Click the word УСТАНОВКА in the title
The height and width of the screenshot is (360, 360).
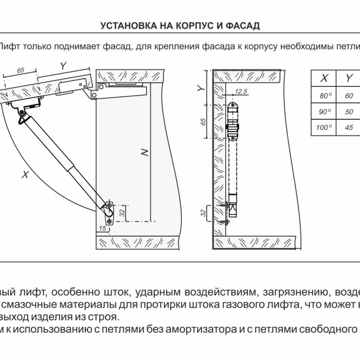(124, 26)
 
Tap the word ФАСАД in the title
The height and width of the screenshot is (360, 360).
(242, 26)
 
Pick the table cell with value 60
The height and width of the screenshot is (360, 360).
(349, 96)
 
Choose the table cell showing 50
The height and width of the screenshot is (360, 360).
(349, 112)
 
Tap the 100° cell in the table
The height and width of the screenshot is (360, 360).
(324, 128)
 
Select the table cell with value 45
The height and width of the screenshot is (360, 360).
(349, 128)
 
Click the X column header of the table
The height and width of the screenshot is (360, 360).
(325, 79)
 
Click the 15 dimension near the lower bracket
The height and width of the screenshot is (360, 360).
(102, 228)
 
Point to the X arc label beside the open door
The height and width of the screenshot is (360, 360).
(24, 175)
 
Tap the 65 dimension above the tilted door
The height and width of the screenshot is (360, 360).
(21, 70)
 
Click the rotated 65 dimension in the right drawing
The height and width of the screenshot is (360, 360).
(203, 121)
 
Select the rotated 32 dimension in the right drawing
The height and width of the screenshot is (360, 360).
(203, 212)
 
